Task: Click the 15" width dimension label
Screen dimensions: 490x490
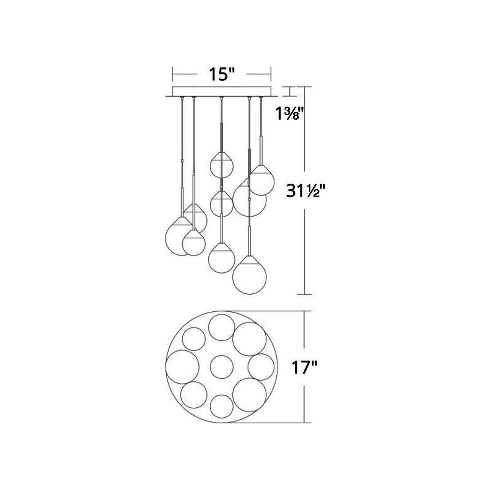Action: pos(221,75)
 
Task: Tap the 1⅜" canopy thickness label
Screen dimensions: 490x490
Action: pos(290,114)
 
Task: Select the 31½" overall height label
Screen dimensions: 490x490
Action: pos(305,191)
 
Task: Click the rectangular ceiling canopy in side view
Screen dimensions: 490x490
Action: pos(222,91)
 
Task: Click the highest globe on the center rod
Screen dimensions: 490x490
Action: pos(222,166)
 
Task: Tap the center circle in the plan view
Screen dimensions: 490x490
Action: pos(222,367)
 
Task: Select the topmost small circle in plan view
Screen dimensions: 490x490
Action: pos(221,327)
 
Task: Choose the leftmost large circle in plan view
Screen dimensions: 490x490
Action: pos(182,367)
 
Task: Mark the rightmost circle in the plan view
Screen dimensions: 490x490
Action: pos(261,367)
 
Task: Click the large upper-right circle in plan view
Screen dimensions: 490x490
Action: pos(249,339)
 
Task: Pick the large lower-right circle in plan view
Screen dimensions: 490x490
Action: pos(249,395)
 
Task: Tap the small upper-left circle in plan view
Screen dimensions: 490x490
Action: pos(194,339)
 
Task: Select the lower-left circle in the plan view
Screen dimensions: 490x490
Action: pos(194,395)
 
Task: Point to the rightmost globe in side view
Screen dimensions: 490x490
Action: pos(261,181)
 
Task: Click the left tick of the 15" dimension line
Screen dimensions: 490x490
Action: pos(173,74)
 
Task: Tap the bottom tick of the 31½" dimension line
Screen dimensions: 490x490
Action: pos(304,294)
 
